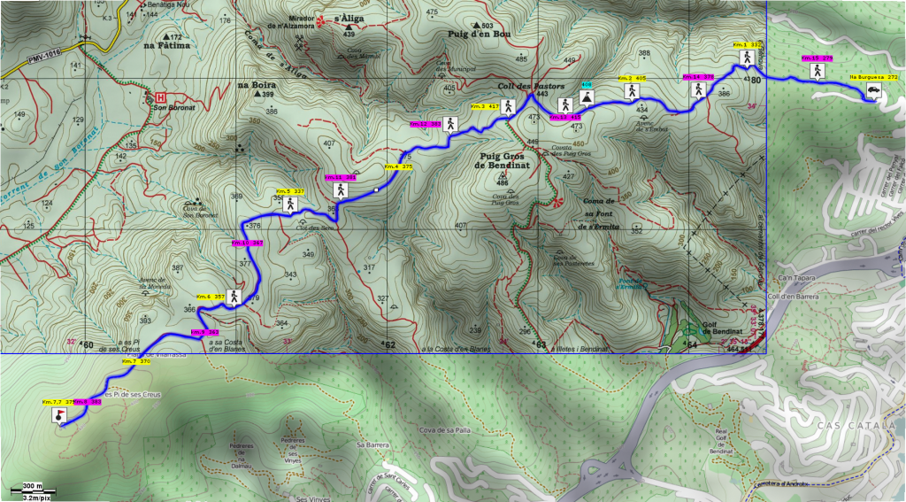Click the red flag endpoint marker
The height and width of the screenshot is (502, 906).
tap(59, 416)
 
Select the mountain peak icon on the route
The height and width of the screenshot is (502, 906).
tap(586, 96)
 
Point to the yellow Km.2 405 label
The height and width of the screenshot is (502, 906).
tap(632, 78)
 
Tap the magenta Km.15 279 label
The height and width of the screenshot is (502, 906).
tap(817, 58)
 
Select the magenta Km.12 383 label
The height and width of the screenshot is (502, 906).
tap(426, 124)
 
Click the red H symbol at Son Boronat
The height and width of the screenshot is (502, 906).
tap(160, 97)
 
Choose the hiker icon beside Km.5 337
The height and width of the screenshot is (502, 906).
tap(289, 205)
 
